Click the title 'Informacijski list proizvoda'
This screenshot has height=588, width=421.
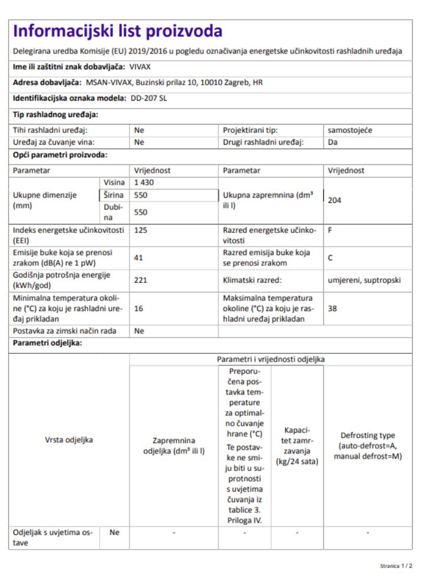pyautogui.click(x=118, y=31)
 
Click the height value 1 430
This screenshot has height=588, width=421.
pyautogui.click(x=143, y=183)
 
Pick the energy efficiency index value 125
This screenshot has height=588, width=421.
pyautogui.click(x=141, y=231)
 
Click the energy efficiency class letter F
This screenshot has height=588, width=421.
pyautogui.click(x=330, y=231)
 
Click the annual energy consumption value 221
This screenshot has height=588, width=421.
pyautogui.click(x=141, y=280)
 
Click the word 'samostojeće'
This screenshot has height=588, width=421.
pyautogui.click(x=350, y=131)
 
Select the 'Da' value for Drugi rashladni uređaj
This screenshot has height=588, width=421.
pyautogui.click(x=332, y=142)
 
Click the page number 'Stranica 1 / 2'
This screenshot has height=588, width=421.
pyautogui.click(x=396, y=566)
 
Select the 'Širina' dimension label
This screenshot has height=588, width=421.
pyautogui.click(x=112, y=194)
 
